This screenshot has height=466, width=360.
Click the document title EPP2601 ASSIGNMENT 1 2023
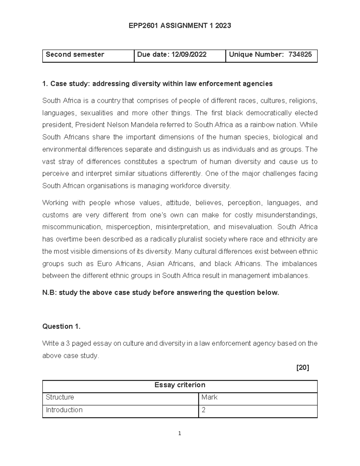pyautogui.click(x=180, y=26)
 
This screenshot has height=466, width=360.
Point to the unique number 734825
pyautogui.click(x=300, y=55)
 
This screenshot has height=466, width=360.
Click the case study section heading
pyautogui.click(x=157, y=84)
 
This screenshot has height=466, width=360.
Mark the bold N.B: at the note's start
pyautogui.click(x=49, y=293)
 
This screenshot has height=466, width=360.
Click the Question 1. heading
pyautogui.click(x=61, y=326)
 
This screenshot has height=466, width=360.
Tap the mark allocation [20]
pyautogui.click(x=302, y=368)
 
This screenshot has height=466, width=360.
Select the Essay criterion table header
pyautogui.click(x=180, y=385)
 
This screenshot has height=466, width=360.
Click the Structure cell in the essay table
pyautogui.click(x=60, y=397)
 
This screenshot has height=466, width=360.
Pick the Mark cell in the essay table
pyautogui.click(x=209, y=397)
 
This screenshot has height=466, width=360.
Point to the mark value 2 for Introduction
pyautogui.click(x=204, y=410)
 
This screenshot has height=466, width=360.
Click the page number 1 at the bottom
pyautogui.click(x=180, y=433)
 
